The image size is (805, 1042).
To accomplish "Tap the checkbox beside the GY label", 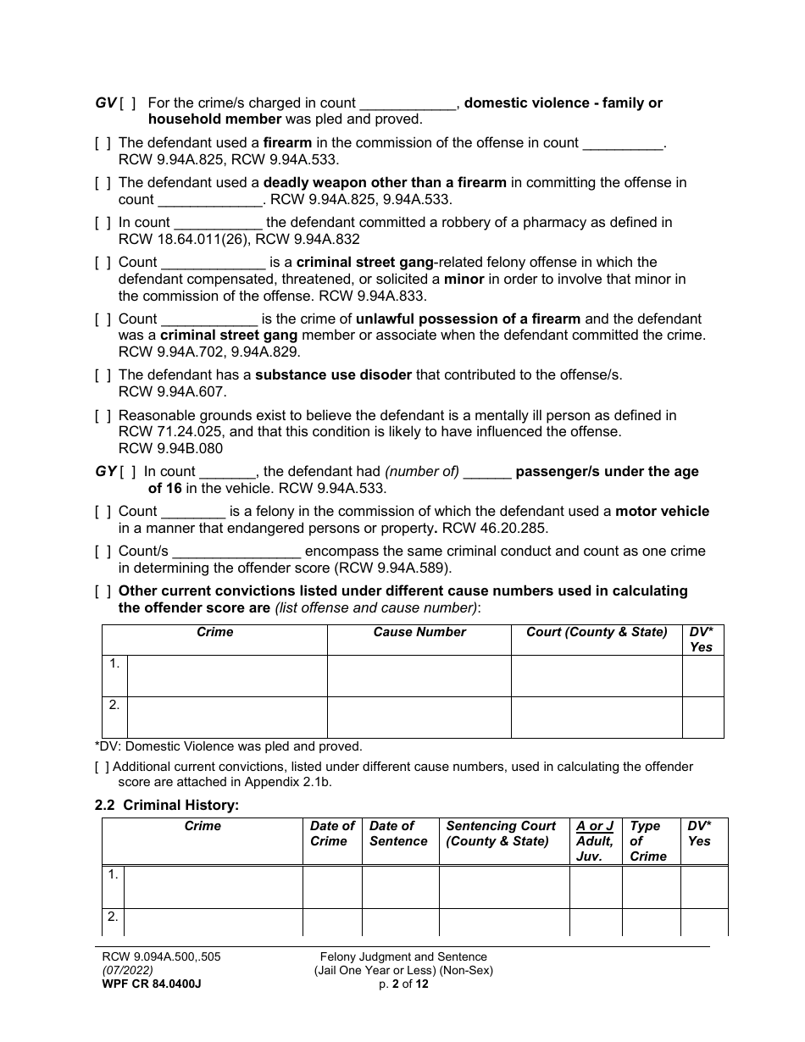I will pos(129,472).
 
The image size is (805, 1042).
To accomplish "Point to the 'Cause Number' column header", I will pos(419,632).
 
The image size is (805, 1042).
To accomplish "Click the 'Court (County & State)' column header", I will pos(597,632).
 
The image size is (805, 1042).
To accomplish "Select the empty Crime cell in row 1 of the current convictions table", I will pos(226,676).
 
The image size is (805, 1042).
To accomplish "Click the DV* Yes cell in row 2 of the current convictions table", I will pos(702,718).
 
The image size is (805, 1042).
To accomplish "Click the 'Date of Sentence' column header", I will pos(398,834).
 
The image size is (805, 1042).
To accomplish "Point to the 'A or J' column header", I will pos(595,826).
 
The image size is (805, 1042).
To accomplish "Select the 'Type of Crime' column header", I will pos(648,840).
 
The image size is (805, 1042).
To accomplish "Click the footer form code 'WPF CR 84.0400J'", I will pos(151,984).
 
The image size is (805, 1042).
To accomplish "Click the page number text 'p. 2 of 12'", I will pos(403,984).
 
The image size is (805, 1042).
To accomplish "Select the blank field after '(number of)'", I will pos(487,472).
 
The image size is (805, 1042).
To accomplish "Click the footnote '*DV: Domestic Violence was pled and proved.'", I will pos(229,746).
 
